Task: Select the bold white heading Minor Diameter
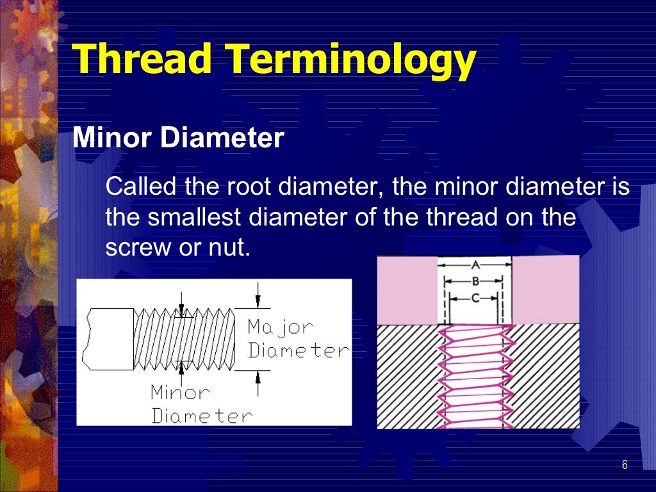(x=178, y=138)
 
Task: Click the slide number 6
(x=625, y=464)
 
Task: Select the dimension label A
(x=475, y=264)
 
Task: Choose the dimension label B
(x=475, y=281)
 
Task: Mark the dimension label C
(x=475, y=297)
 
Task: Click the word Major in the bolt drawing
(x=281, y=327)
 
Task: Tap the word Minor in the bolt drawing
(x=180, y=391)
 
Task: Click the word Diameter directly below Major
(x=299, y=350)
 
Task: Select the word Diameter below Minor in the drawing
(x=202, y=415)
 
